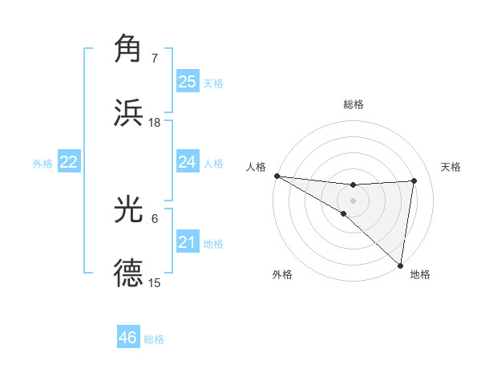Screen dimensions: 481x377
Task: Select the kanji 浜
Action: pyautogui.click(x=129, y=112)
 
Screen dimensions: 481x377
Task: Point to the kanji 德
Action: pyautogui.click(x=129, y=274)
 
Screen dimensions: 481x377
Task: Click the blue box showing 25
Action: pyautogui.click(x=188, y=82)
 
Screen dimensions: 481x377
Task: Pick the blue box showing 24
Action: pyautogui.click(x=188, y=162)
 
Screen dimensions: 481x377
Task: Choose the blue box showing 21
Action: pyautogui.click(x=188, y=242)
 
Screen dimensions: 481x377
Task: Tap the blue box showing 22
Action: pyautogui.click(x=69, y=162)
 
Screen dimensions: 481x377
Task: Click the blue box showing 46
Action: pyautogui.click(x=128, y=338)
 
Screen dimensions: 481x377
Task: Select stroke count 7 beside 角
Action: pyautogui.click(x=154, y=59)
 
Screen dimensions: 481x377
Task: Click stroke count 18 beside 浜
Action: pyautogui.click(x=154, y=123)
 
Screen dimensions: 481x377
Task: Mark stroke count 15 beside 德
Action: pyautogui.click(x=154, y=283)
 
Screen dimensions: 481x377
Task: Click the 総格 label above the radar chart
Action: pyautogui.click(x=354, y=104)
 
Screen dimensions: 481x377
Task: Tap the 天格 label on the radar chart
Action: pyautogui.click(x=451, y=167)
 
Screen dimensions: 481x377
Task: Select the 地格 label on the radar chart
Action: pyautogui.click(x=420, y=274)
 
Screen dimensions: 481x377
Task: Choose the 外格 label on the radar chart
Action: pyautogui.click(x=282, y=274)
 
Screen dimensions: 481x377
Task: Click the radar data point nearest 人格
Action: pyautogui.click(x=277, y=176)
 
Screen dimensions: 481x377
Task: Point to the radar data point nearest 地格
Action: pyautogui.click(x=400, y=264)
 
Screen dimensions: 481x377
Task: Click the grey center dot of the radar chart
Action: pyautogui.click(x=353, y=199)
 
